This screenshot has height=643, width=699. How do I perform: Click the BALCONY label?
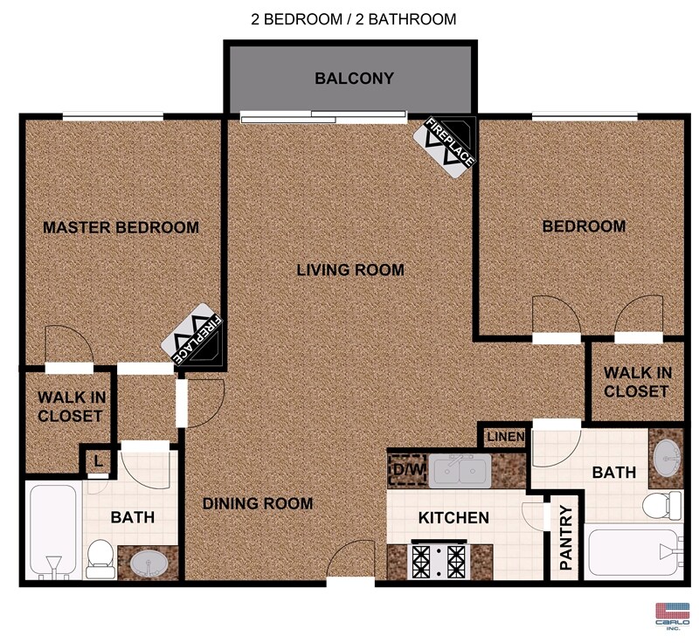(354, 79)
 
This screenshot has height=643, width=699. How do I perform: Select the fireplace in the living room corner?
(445, 147)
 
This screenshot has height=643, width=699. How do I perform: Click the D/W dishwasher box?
(407, 470)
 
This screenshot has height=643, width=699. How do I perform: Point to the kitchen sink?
(460, 471)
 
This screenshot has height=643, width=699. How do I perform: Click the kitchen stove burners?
(439, 561)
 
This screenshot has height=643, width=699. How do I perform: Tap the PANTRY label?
(565, 537)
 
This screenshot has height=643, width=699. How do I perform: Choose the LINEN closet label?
(506, 437)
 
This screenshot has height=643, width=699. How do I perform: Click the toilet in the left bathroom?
(100, 559)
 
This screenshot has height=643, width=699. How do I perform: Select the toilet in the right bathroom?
(662, 506)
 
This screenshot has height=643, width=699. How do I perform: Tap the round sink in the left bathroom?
(148, 563)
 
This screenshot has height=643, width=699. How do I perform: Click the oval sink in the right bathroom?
(667, 458)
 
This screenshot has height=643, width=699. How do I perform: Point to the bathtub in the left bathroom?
(53, 532)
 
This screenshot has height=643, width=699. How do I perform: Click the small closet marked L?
(99, 460)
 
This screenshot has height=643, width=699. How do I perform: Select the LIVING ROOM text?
(350, 270)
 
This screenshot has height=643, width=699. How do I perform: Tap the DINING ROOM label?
(258, 503)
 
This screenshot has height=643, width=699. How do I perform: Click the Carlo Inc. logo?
(672, 616)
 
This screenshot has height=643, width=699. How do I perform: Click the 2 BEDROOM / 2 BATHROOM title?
(354, 19)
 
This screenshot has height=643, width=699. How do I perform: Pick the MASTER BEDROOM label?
(121, 228)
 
